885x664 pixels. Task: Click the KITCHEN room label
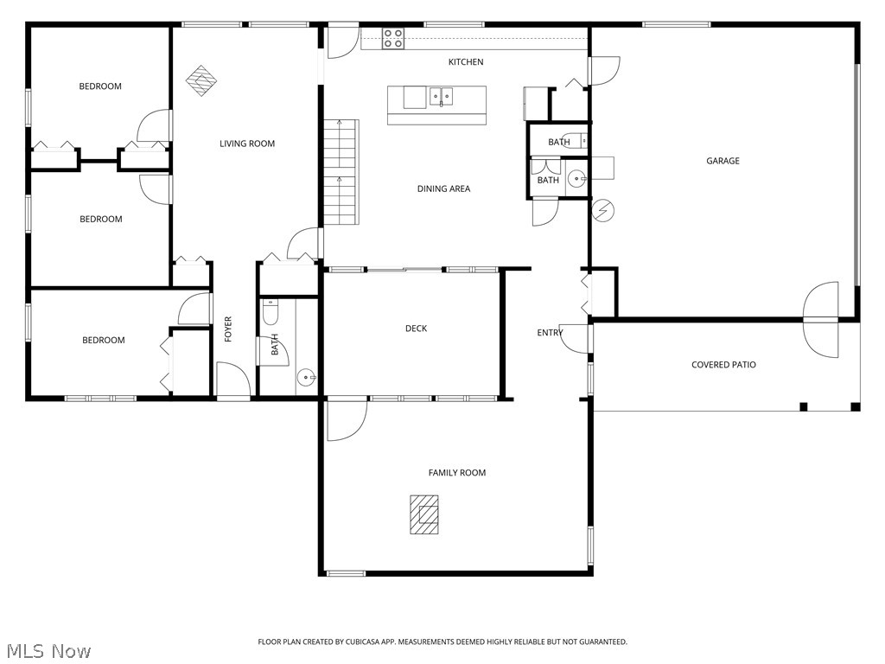[465, 62]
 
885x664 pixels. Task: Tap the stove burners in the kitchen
[393, 38]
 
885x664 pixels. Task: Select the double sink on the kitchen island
[441, 96]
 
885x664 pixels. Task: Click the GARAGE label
[723, 161]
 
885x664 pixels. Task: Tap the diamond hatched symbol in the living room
[201, 80]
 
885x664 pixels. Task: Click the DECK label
[416, 329]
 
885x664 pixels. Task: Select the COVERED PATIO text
[723, 365]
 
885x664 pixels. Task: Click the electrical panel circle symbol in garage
[602, 209]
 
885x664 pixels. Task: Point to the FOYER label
[229, 329]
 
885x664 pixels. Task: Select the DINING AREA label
[443, 188]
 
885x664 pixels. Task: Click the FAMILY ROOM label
[456, 473]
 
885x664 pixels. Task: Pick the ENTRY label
[550, 333]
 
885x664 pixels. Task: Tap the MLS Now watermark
[48, 650]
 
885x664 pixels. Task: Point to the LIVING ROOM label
[247, 144]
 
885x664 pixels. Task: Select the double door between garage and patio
[820, 319]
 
